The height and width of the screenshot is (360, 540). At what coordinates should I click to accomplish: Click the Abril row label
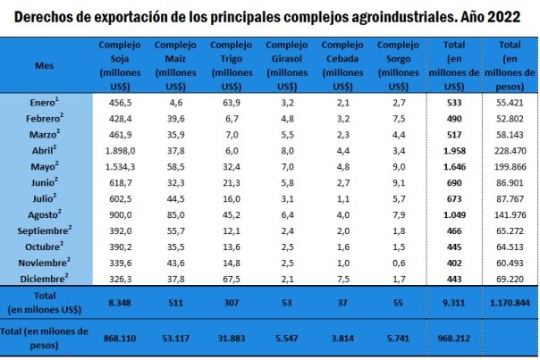(x=44, y=150)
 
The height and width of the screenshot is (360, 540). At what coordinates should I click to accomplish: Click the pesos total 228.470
(x=511, y=150)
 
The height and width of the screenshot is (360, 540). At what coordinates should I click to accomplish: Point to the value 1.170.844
(x=510, y=304)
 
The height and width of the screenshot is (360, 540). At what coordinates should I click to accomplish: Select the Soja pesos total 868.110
(x=120, y=339)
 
